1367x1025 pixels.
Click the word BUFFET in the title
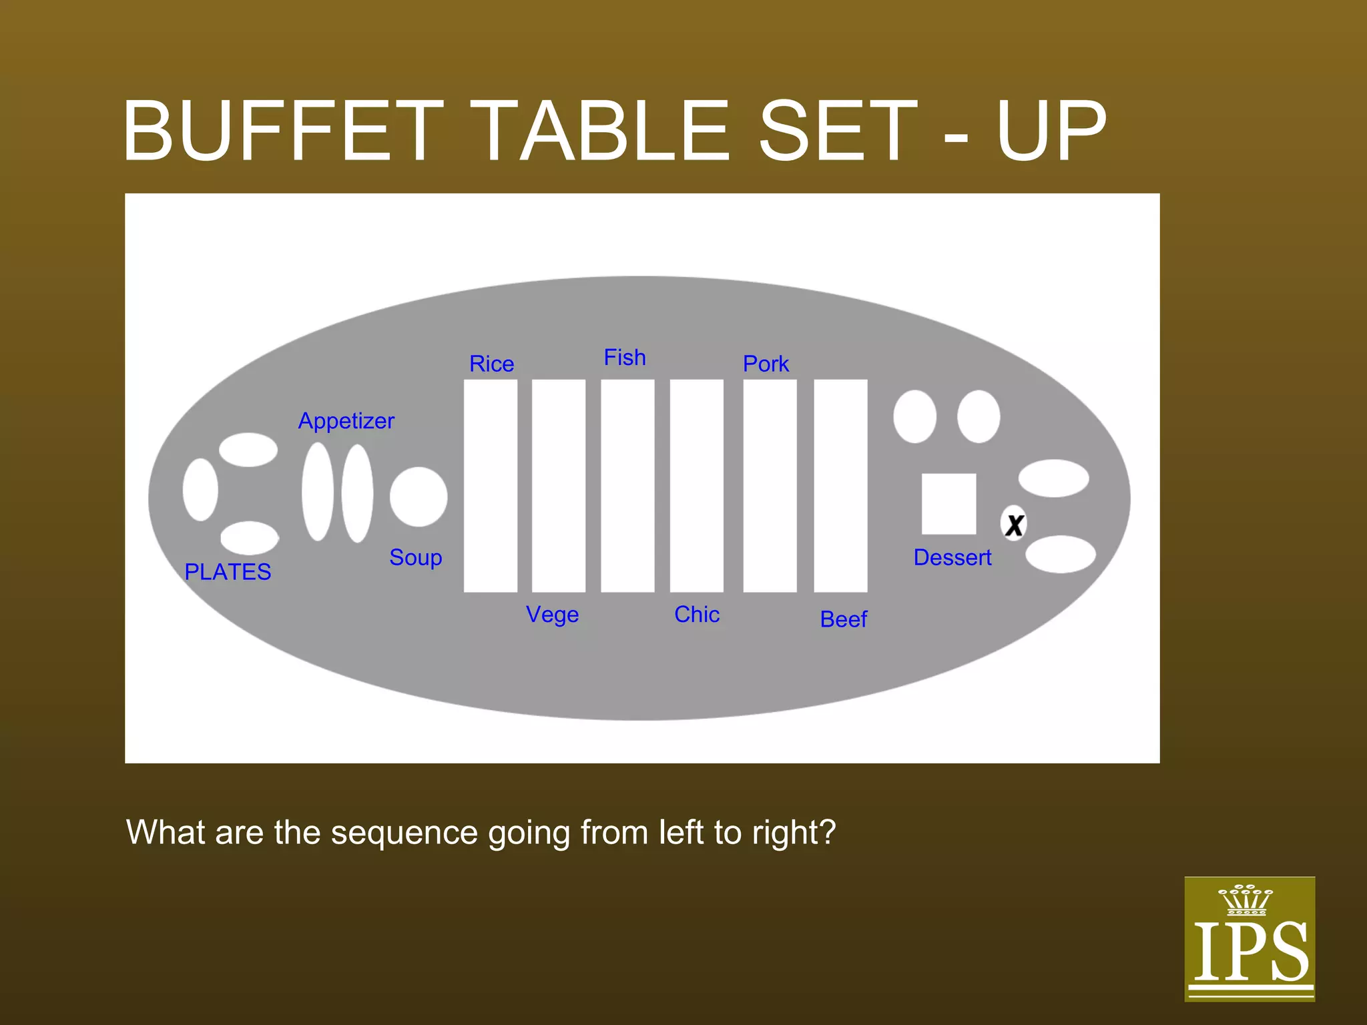[x=283, y=131]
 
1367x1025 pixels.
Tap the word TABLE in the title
[x=605, y=131]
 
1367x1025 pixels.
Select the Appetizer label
[x=346, y=421]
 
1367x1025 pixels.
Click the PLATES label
[x=228, y=572]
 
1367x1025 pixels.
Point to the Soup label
[x=415, y=557]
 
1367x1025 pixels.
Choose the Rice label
[x=491, y=364]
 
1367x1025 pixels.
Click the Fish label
[x=625, y=358]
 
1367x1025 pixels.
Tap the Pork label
[x=766, y=364]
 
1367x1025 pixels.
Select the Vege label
[x=552, y=615]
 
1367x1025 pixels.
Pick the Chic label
[x=697, y=614]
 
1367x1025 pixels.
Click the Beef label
[x=843, y=619]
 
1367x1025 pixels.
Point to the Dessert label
[x=952, y=557]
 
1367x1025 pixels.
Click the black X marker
[x=1014, y=525]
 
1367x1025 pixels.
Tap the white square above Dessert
[x=948, y=504]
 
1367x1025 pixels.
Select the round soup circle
[x=419, y=496]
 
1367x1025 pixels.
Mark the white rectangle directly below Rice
[x=491, y=486]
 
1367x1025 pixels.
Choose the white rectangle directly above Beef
[x=840, y=486]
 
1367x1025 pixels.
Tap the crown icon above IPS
[x=1246, y=900]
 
